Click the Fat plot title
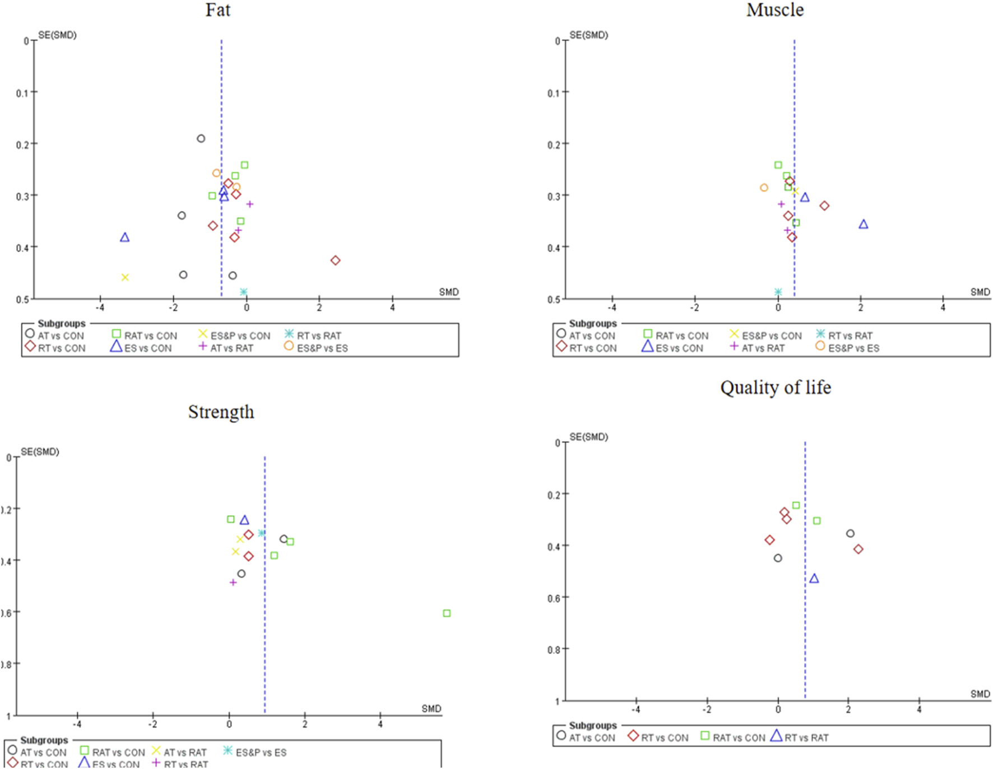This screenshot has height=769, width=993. [x=217, y=10]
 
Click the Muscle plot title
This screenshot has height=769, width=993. [x=774, y=10]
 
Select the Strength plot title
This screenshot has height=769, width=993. [x=221, y=412]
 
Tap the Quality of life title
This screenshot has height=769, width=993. [x=775, y=388]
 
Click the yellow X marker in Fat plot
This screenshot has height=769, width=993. [x=125, y=277]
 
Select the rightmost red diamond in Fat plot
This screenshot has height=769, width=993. [x=335, y=260]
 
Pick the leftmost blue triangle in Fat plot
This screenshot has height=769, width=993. [x=124, y=237]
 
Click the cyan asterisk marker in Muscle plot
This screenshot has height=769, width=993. [x=778, y=292]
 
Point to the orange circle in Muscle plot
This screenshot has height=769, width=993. [x=764, y=188]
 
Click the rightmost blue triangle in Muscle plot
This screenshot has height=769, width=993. [x=863, y=224]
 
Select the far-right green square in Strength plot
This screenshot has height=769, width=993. [x=447, y=613]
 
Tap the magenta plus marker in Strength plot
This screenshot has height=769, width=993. [x=233, y=582]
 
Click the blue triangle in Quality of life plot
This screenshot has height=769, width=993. [x=814, y=579]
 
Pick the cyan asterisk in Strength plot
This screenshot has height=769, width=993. [x=261, y=533]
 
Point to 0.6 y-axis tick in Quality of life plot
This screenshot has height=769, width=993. [x=554, y=598]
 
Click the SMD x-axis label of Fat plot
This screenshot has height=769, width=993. [x=448, y=292]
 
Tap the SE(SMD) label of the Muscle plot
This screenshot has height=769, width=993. [x=588, y=35]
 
